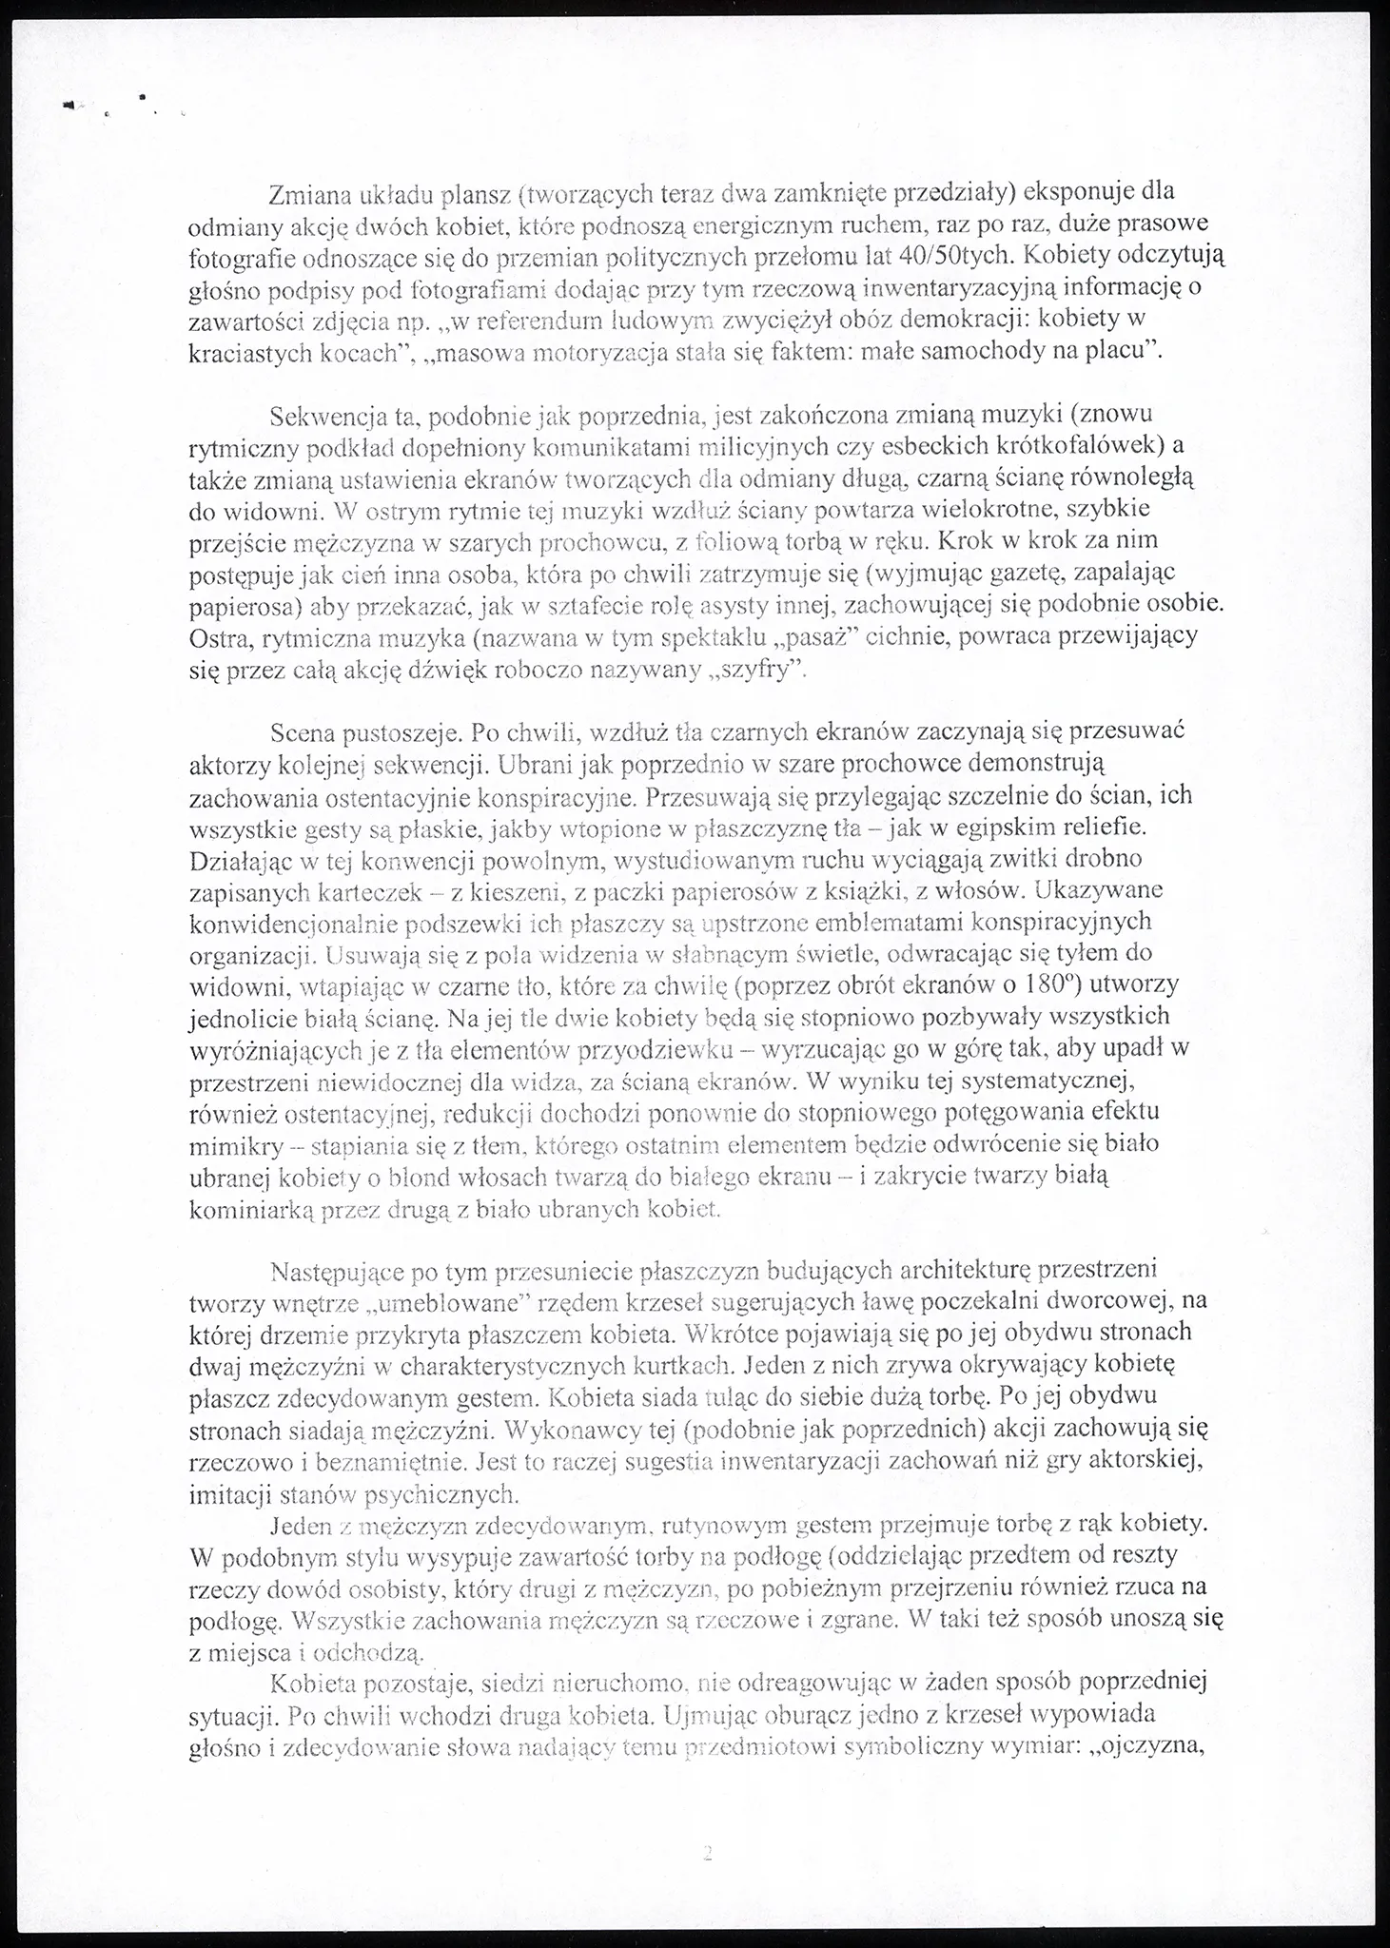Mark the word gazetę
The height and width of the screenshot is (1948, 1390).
(1070, 574)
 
